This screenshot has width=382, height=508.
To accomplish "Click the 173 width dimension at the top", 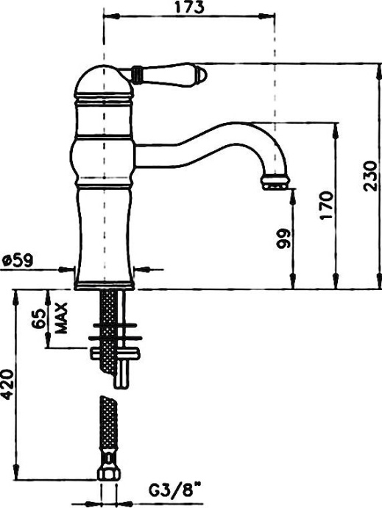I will pos(190,8).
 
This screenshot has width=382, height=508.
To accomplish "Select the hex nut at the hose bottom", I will pos(107,472).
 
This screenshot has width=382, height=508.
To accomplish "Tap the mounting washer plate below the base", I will pos(111,336).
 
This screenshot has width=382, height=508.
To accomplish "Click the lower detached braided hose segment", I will pos(108,431).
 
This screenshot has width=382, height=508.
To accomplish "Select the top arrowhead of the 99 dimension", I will pos(294,191).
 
